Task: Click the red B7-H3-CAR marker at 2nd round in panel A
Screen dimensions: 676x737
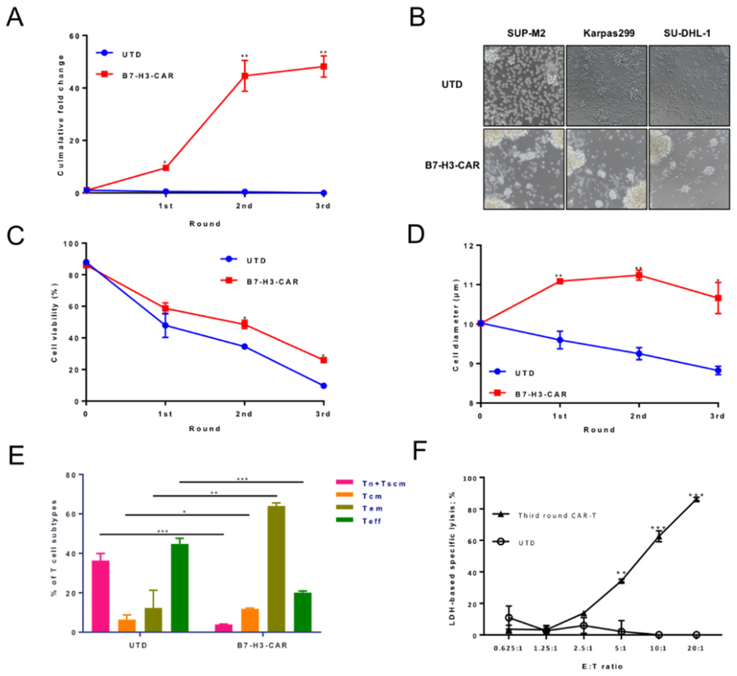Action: click(245, 76)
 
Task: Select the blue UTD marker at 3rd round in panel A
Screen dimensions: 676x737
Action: click(323, 193)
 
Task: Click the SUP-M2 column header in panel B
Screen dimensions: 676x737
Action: click(526, 33)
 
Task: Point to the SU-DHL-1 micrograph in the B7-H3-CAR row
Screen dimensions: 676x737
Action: click(689, 169)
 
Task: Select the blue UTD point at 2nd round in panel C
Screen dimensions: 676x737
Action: click(245, 346)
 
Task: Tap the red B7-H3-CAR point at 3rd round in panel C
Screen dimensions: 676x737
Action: click(323, 360)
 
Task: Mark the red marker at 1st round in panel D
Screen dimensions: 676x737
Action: click(560, 281)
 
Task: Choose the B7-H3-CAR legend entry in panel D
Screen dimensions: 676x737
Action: click(540, 394)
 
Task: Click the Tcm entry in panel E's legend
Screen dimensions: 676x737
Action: click(372, 496)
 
